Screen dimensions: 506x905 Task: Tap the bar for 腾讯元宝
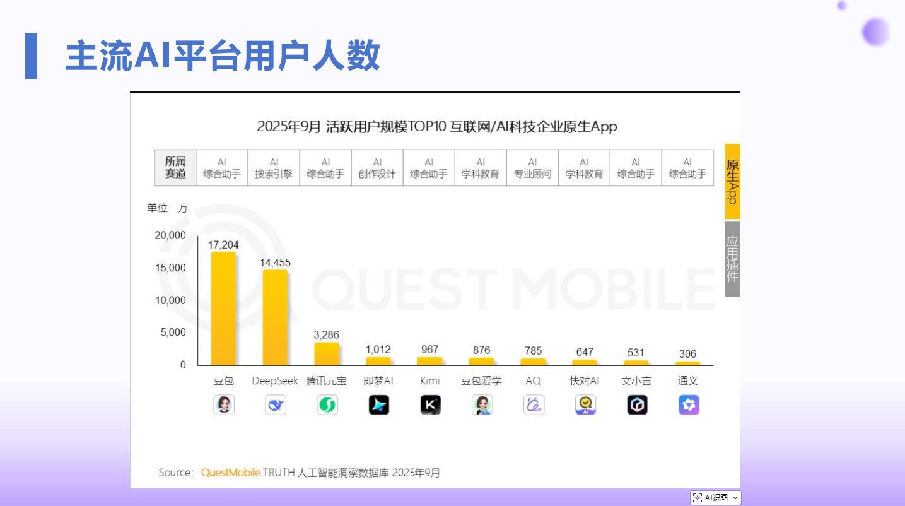[327, 353]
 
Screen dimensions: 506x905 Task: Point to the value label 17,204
[223, 245]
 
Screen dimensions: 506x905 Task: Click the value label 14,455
[275, 262]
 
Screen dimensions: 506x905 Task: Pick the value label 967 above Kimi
[429, 350]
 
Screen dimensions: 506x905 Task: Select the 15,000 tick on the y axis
[170, 268]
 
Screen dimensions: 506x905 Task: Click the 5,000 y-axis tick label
[173, 332]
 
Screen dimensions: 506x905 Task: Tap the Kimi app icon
[430, 404]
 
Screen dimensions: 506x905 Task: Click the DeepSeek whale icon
[276, 404]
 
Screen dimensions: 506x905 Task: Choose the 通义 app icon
[689, 404]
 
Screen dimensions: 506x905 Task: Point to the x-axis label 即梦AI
[378, 381]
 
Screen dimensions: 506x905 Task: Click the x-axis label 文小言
[636, 381]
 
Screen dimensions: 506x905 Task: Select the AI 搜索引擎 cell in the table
[274, 168]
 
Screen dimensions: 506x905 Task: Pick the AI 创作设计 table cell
[377, 168]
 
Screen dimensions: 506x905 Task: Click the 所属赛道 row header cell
[175, 168]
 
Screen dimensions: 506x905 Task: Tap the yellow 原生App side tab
[732, 181]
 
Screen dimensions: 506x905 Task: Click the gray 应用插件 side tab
[732, 259]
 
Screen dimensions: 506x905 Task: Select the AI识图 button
[716, 498]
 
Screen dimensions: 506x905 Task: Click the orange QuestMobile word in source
[230, 473]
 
